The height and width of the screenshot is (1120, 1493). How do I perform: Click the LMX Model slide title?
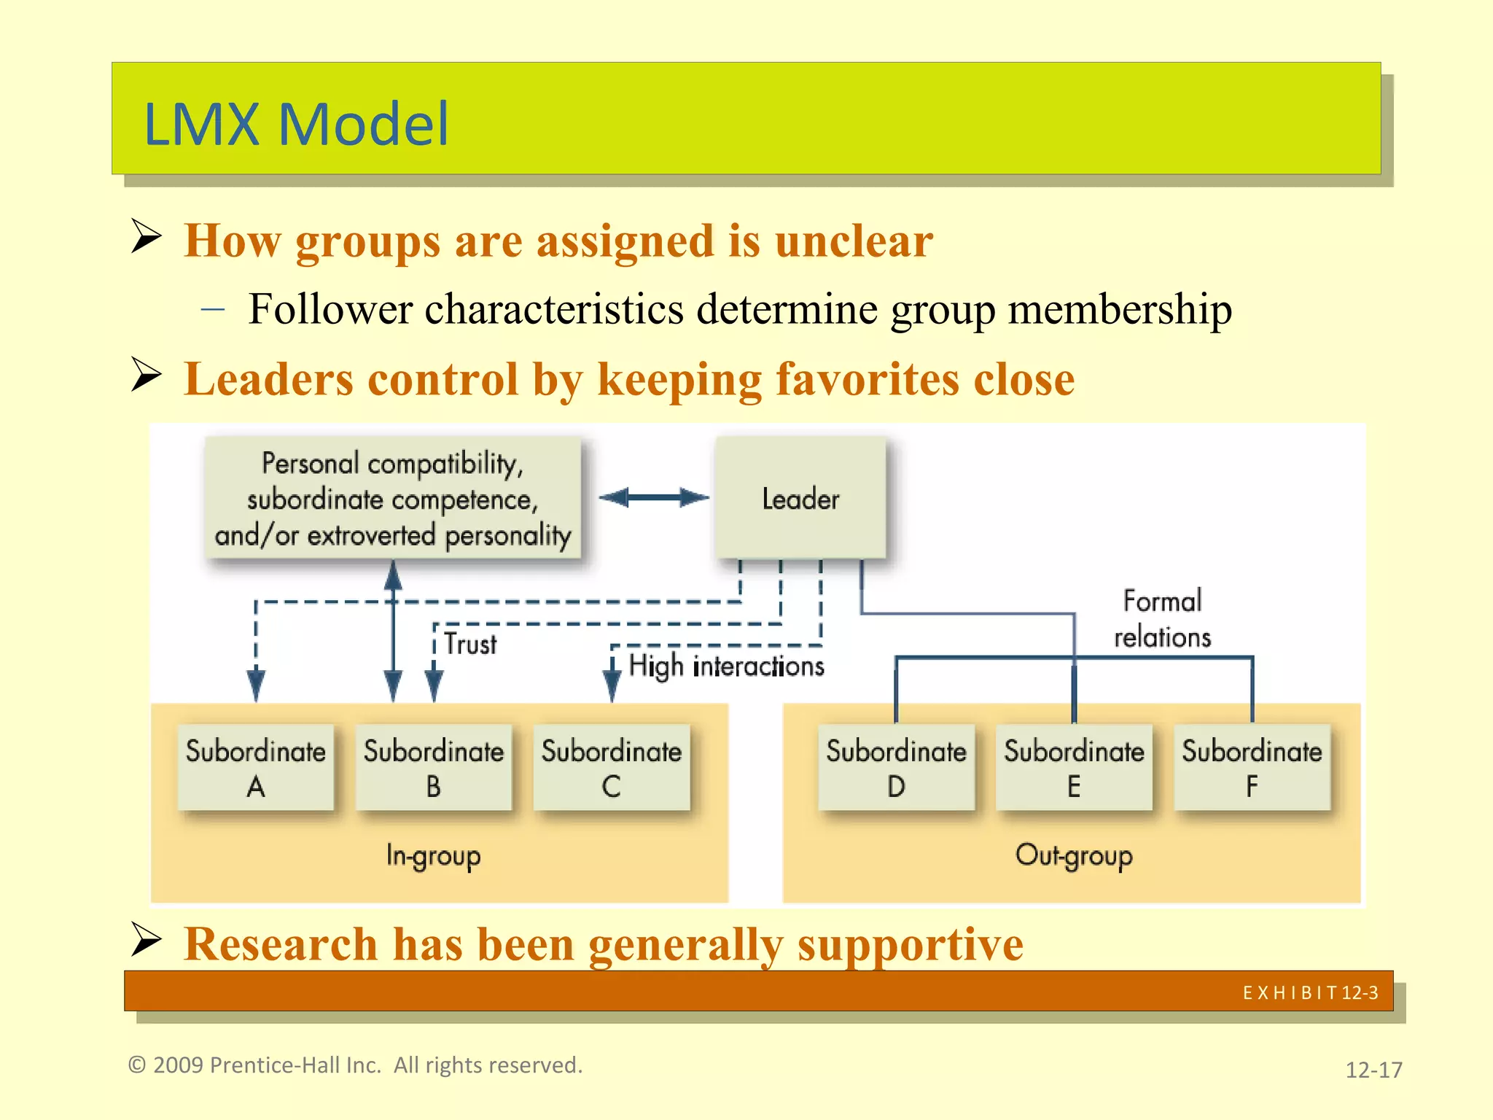point(296,124)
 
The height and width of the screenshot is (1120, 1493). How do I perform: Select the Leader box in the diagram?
point(800,499)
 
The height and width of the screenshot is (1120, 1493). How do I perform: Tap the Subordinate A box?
point(256,767)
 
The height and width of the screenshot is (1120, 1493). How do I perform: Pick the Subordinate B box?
point(434,767)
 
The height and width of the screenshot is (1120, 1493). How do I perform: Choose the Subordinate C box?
point(612,767)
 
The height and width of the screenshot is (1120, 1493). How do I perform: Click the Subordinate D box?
point(896,767)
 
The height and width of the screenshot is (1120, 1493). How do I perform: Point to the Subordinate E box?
point(1074,767)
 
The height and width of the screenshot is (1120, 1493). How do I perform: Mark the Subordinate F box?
point(1252,767)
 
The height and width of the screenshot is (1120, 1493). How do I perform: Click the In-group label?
point(433,855)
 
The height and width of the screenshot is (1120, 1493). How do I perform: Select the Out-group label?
point(1074,855)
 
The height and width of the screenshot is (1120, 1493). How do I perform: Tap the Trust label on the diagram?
point(471,645)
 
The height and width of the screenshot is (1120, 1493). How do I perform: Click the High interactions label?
point(726,666)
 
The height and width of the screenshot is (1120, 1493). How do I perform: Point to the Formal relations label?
point(1162,619)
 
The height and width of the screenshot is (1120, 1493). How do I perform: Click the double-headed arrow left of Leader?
point(653,498)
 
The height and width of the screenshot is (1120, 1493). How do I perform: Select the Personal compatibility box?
point(393,499)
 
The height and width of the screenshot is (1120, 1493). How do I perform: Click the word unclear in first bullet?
point(854,241)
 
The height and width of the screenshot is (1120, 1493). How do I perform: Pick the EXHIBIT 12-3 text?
point(1310,992)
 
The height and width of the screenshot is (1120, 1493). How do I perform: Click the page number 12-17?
point(1373,1070)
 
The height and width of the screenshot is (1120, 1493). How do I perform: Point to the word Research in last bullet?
point(280,944)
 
